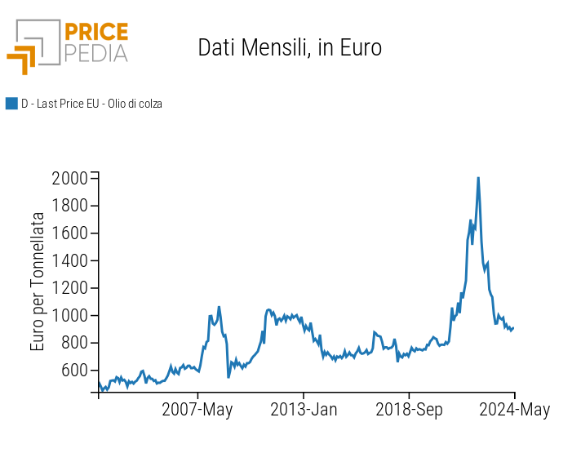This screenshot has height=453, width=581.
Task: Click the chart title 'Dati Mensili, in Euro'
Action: point(290,48)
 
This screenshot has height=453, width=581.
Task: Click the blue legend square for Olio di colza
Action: point(11,104)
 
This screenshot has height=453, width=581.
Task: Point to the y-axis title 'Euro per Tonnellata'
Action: point(38,282)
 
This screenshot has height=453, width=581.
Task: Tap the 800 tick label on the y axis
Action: point(73,343)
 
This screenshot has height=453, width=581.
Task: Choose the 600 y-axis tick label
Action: point(73,371)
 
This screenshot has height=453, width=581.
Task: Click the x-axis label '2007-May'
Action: point(198,410)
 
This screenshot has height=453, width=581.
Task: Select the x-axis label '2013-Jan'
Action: point(304,410)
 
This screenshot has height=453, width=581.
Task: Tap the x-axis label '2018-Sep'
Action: point(409,410)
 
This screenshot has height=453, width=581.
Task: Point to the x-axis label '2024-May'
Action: point(514,410)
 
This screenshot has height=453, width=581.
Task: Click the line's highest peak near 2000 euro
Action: point(477,178)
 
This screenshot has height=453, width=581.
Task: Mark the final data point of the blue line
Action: point(513,327)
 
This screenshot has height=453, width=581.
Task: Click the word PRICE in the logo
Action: point(95,33)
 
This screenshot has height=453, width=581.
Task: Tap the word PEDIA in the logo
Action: point(95,53)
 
